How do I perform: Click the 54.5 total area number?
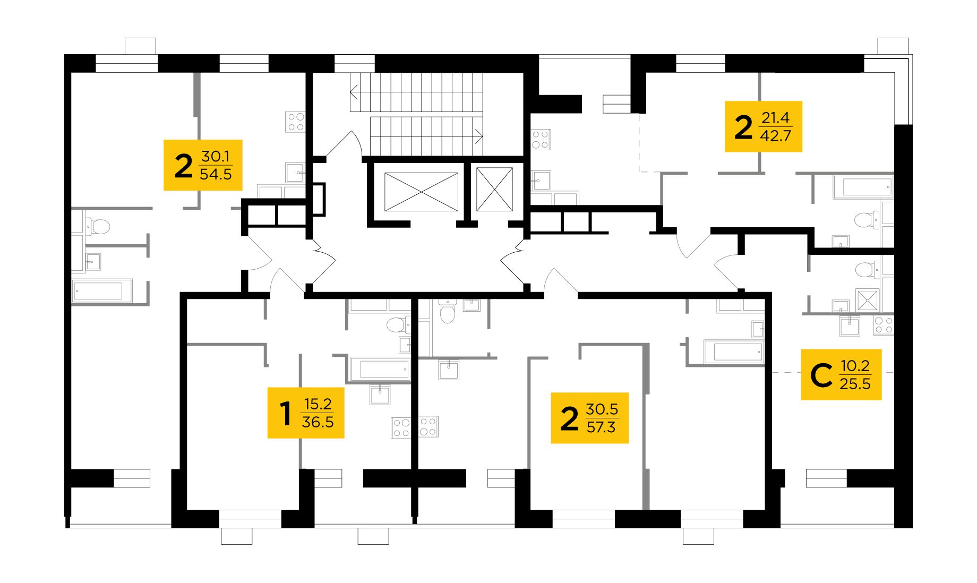pyautogui.click(x=216, y=174)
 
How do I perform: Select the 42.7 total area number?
pyautogui.click(x=776, y=136)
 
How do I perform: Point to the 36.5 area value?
pyautogui.click(x=318, y=422)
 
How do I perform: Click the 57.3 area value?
pyautogui.click(x=601, y=427)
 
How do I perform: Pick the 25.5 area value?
pyautogui.click(x=855, y=383)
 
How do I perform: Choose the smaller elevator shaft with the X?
pyautogui.click(x=494, y=189)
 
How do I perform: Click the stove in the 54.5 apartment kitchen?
pyautogui.click(x=295, y=122)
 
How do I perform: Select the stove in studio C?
pyautogui.click(x=884, y=325)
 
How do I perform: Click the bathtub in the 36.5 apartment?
pyautogui.click(x=380, y=369)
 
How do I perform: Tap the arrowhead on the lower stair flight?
pyautogui.click(x=479, y=136)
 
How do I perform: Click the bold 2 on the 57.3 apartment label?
pyautogui.click(x=569, y=419)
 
